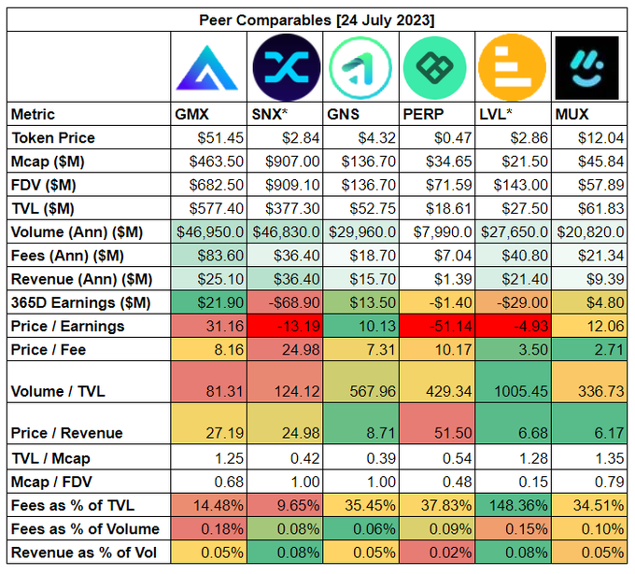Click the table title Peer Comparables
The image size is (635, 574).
click(317, 20)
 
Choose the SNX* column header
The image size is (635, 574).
click(271, 115)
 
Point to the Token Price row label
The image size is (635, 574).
click(53, 138)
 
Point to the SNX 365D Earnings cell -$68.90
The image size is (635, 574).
click(296, 301)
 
